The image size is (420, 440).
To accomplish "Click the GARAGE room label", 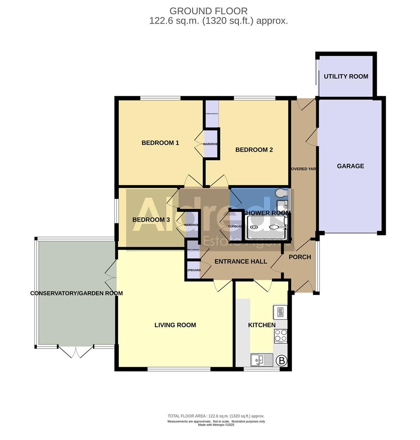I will (350, 166).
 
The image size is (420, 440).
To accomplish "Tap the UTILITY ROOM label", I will (346, 77).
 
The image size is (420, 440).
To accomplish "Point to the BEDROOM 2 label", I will (254, 150).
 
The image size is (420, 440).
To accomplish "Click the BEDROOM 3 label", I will (151, 220).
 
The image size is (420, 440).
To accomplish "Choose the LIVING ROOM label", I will (175, 325).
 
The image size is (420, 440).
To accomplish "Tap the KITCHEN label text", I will (262, 325).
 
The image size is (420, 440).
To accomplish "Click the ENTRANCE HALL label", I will (240, 262).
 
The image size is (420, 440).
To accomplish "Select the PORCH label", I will (300, 257).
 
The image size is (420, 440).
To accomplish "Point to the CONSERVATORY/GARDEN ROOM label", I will (76, 293).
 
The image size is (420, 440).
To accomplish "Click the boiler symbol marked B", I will (281, 361).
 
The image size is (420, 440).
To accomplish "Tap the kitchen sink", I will (262, 360).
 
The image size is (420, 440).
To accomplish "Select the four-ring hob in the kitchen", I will (280, 336).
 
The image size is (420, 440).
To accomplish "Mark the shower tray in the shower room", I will (267, 227).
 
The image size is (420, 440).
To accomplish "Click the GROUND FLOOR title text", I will (208, 11).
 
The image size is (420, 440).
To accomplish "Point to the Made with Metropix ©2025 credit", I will (216, 425).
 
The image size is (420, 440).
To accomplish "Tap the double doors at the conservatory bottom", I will (76, 351).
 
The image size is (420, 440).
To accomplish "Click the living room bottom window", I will (179, 369).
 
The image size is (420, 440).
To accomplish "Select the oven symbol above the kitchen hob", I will (280, 312).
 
